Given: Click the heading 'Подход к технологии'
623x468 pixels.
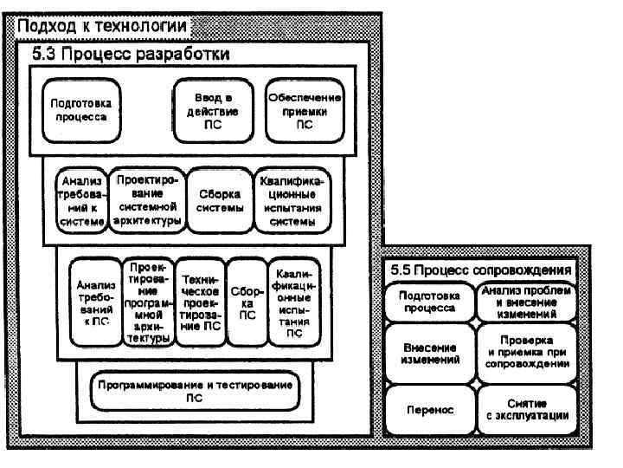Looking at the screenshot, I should [100, 27].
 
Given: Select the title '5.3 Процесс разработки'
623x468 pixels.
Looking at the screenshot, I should [130, 55].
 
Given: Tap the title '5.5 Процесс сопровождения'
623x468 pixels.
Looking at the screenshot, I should [479, 270].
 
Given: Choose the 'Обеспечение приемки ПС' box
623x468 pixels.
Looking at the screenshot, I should [305, 110].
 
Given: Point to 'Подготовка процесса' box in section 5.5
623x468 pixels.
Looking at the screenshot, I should [429, 302].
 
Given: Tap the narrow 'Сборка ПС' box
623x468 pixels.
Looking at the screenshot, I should [247, 302].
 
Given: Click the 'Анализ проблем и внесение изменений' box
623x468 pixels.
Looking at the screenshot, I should [526, 301].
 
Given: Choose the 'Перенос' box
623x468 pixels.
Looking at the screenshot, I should [429, 409].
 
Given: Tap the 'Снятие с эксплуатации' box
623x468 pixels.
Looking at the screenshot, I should [526, 409].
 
